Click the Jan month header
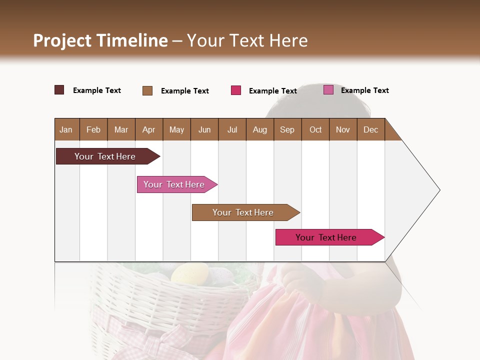click(66, 129)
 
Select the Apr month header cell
click(149, 129)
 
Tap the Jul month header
click(232, 129)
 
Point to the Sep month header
click(287, 129)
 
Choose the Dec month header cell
click(370, 129)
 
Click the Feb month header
click(93, 129)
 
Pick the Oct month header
click(315, 129)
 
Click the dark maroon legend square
click(59, 90)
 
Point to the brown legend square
click(147, 90)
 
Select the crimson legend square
click(236, 90)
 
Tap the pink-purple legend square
click(328, 90)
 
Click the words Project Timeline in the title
click(100, 40)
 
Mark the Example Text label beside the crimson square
click(272, 91)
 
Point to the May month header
click(176, 129)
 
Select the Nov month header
click(343, 129)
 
